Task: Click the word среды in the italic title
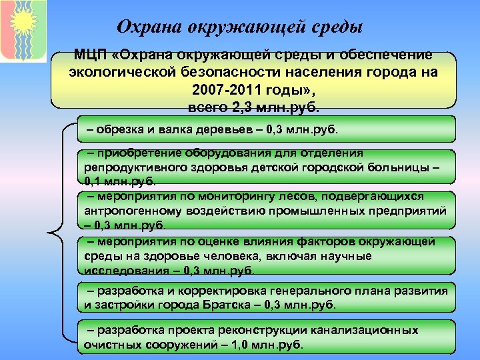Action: [x=336, y=27]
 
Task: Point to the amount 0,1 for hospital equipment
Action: [x=93, y=180]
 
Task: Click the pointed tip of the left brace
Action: [x=49, y=233]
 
